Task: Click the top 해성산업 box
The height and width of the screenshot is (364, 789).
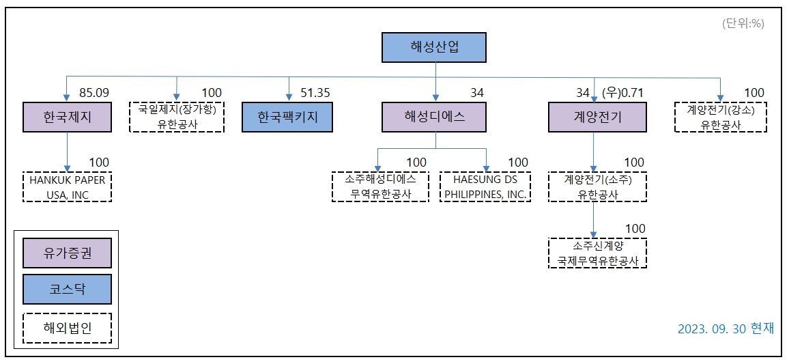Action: click(x=435, y=47)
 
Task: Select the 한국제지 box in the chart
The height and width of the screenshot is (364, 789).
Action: click(x=67, y=117)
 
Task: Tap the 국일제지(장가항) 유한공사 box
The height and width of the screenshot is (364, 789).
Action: click(x=177, y=117)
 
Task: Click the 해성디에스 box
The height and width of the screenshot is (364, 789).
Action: click(x=435, y=117)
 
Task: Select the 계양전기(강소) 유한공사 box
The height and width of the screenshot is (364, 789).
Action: click(x=720, y=117)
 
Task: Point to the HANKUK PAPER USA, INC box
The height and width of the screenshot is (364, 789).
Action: click(x=67, y=187)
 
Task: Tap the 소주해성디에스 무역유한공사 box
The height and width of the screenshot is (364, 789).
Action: click(x=379, y=186)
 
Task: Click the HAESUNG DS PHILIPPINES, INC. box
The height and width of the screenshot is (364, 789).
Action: click(x=486, y=186)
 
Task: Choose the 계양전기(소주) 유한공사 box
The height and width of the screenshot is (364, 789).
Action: click(x=597, y=186)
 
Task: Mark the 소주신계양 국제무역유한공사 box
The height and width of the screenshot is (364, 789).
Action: click(x=597, y=253)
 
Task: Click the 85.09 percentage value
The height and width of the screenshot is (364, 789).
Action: click(x=94, y=93)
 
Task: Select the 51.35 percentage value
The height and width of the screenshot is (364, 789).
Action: click(x=315, y=93)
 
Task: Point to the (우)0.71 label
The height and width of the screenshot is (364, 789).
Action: click(x=621, y=93)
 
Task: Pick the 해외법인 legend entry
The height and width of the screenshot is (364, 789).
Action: click(x=67, y=327)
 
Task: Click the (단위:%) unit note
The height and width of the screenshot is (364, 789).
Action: click(x=743, y=23)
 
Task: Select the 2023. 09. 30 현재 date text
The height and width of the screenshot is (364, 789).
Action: click(x=726, y=328)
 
